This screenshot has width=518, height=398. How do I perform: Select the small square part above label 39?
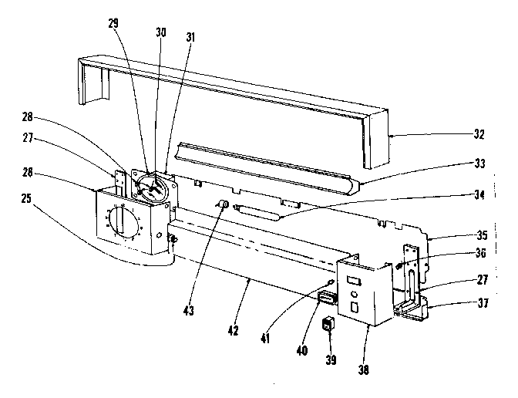(x=329, y=324)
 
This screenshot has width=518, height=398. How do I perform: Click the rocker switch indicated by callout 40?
(x=327, y=298)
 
